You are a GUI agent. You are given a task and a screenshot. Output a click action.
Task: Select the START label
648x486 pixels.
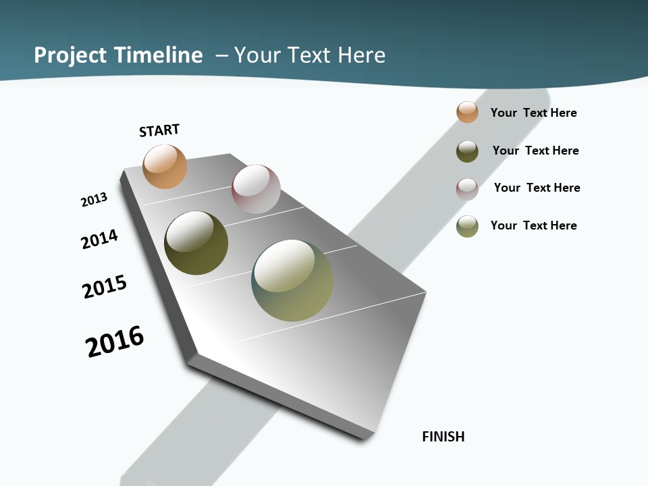tap(159, 130)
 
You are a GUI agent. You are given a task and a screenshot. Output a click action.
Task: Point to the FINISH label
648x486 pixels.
tap(443, 437)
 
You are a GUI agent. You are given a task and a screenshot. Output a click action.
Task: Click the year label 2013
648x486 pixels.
tap(94, 200)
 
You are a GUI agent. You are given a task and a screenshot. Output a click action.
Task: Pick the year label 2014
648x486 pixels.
tap(99, 239)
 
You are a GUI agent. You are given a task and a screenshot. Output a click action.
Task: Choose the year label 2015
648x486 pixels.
tap(105, 287)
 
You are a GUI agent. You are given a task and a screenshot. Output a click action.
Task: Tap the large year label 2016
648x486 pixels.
tap(115, 342)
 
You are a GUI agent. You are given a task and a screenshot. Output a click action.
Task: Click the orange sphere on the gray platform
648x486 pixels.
tap(165, 166)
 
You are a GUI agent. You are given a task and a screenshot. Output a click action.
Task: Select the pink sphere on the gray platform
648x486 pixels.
tap(256, 189)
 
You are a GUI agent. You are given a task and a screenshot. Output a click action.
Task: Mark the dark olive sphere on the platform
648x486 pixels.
tap(196, 243)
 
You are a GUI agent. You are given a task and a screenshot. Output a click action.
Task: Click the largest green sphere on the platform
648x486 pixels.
tap(292, 281)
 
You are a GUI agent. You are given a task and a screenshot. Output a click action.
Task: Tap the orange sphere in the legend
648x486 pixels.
tap(467, 112)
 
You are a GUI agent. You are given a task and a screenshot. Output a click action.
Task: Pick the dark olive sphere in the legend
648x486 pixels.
tap(467, 151)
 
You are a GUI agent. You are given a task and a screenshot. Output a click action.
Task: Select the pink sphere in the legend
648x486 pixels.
tap(467, 189)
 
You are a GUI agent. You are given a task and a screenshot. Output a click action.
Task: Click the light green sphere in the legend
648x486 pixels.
tap(467, 226)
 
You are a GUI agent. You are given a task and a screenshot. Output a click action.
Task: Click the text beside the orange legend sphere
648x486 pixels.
tap(533, 113)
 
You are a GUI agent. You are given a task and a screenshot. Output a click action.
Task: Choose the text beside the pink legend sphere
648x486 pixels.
tap(537, 188)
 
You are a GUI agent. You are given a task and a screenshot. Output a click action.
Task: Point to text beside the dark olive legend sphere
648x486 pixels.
tap(535, 151)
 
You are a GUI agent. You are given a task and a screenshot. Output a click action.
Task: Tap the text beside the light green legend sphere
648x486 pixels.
tap(533, 225)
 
